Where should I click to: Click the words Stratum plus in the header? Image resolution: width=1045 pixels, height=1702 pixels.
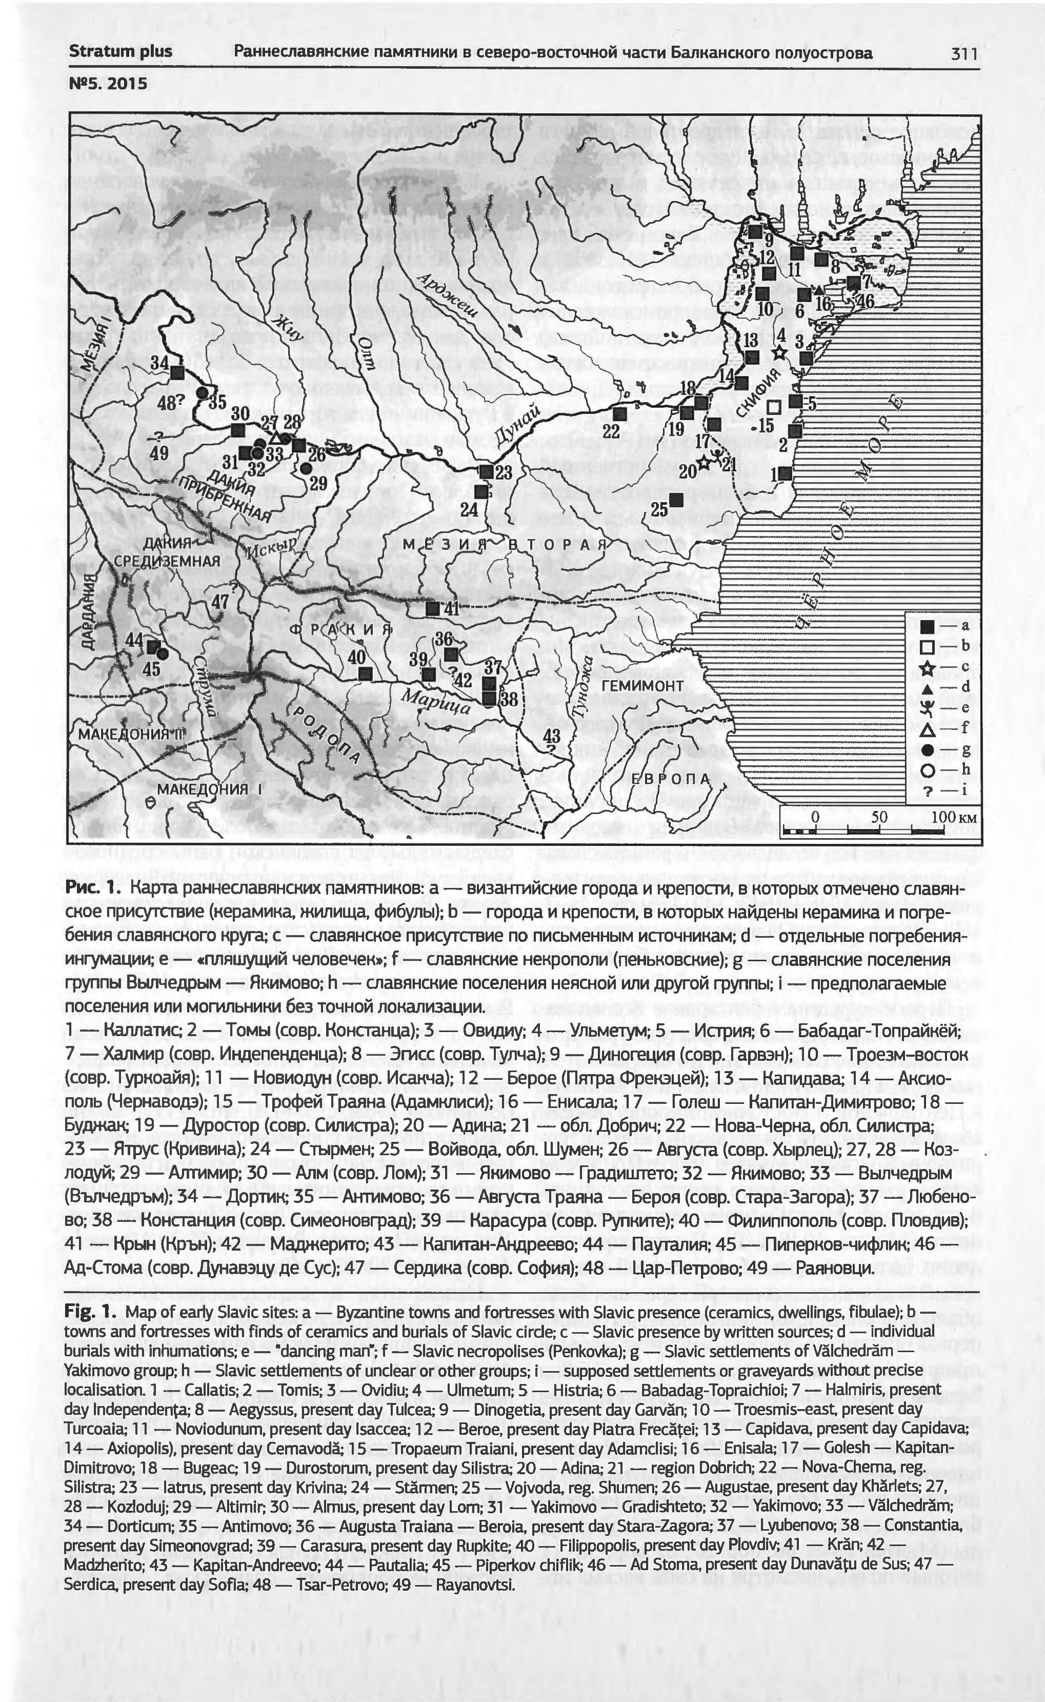tap(120, 52)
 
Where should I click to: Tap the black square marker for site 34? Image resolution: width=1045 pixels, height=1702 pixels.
tap(177, 372)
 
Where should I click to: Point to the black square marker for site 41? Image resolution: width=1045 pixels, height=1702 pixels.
tap(433, 608)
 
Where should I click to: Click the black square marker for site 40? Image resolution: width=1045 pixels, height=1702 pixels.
tap(366, 672)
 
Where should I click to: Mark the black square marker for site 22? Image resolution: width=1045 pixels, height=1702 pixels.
tap(619, 414)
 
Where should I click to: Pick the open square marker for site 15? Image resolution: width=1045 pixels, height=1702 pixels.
tap(775, 406)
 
